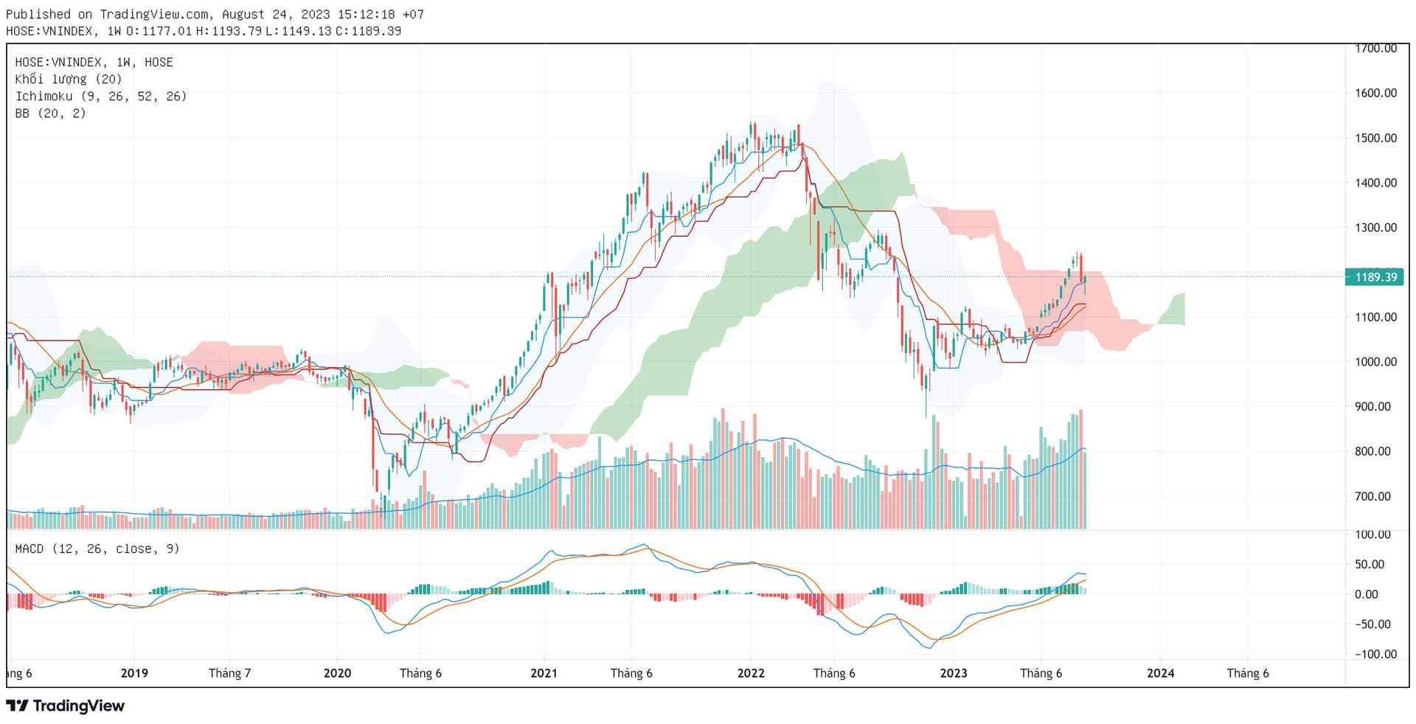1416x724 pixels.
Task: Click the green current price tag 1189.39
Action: point(1374,277)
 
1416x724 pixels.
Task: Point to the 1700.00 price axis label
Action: point(1375,49)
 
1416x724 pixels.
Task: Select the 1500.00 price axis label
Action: point(1375,138)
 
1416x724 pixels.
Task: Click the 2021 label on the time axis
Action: point(544,673)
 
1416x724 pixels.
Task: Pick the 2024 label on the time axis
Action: point(1160,673)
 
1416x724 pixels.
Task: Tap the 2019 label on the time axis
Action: point(134,673)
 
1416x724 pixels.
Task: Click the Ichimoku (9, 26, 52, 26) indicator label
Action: point(101,97)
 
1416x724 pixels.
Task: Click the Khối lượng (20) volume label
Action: point(69,80)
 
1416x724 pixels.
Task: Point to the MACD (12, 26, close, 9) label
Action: point(97,549)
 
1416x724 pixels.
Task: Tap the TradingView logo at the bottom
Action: point(66,706)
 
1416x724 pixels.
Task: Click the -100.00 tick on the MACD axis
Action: point(1375,654)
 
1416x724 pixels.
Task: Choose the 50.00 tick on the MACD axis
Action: point(1370,564)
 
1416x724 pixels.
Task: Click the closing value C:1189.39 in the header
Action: point(368,31)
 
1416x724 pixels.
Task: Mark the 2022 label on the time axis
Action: point(751,673)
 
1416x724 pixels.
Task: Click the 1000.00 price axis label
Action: point(1375,361)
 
